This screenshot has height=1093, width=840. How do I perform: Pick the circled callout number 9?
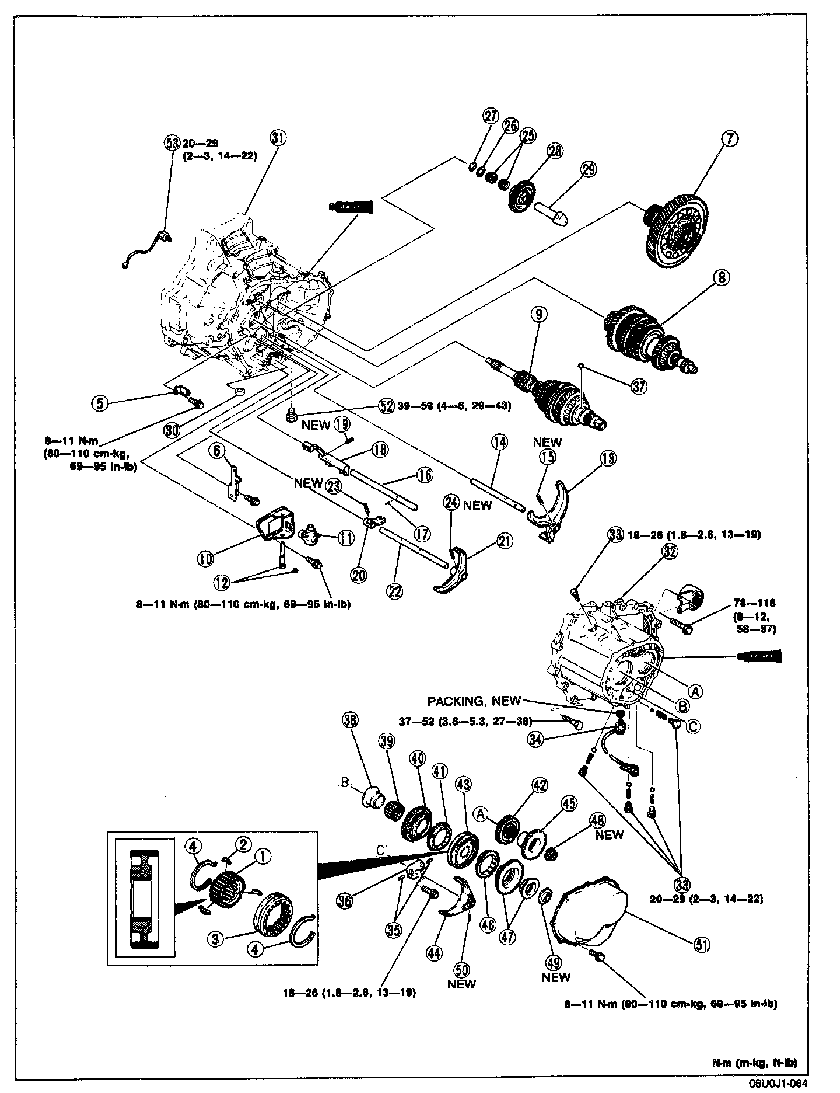[539, 315]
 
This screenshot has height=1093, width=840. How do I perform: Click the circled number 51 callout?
[702, 945]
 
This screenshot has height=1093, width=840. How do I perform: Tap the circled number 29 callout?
[589, 169]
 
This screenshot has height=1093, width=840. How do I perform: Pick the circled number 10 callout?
[205, 559]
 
